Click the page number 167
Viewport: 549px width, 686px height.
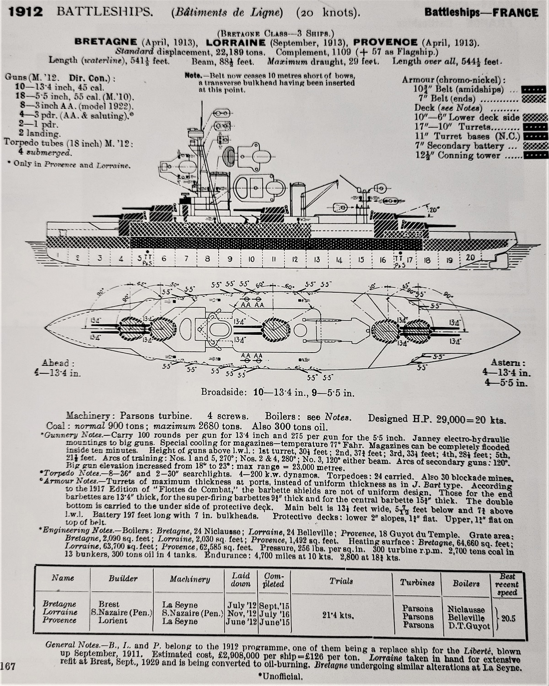coord(8,666)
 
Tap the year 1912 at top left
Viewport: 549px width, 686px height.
coord(26,12)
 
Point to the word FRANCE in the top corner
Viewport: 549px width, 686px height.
coord(516,12)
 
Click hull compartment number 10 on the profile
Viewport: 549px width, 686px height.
coord(251,259)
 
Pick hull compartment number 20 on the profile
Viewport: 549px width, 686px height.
coord(470,257)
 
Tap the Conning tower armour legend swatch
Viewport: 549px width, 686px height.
coord(534,156)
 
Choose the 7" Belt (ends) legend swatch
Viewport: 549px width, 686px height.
coord(534,99)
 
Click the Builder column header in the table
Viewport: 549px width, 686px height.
coord(123,579)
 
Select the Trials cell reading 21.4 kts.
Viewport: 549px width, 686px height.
coord(341,615)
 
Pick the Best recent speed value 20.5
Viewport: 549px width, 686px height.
coord(507,619)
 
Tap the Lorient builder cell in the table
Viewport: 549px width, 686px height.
coord(113,621)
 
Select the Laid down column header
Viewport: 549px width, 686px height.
coord(241,579)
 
